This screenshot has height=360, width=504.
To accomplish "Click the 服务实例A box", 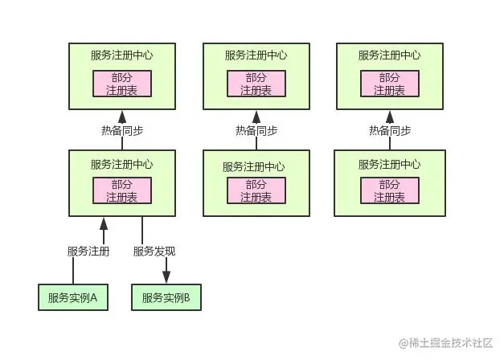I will click(72, 297).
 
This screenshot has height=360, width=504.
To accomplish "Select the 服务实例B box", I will click(166, 297).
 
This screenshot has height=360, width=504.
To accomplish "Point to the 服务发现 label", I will click(154, 252).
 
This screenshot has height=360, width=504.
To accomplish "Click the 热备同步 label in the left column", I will click(122, 131).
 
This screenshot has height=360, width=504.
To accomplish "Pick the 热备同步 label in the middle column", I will click(256, 131).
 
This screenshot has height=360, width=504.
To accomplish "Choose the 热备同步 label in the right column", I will click(390, 131).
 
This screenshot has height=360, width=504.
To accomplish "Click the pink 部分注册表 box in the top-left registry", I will click(122, 84).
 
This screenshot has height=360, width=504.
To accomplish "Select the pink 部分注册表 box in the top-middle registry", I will click(256, 84).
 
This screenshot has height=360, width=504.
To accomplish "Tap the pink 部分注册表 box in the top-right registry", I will click(390, 84).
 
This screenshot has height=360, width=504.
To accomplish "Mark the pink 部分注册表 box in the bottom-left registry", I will click(122, 190).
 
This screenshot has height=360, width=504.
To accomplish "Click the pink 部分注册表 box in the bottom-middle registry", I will click(256, 190).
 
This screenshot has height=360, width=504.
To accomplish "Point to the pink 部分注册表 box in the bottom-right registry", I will click(390, 190).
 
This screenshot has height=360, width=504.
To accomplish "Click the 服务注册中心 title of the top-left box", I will click(122, 55).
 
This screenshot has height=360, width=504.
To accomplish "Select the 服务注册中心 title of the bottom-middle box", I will click(256, 166).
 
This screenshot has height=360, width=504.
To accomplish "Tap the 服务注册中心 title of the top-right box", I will click(390, 55).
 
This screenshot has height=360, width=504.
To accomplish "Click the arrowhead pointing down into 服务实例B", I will click(166, 277).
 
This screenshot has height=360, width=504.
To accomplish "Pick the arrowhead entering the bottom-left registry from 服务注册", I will click(103, 222).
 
